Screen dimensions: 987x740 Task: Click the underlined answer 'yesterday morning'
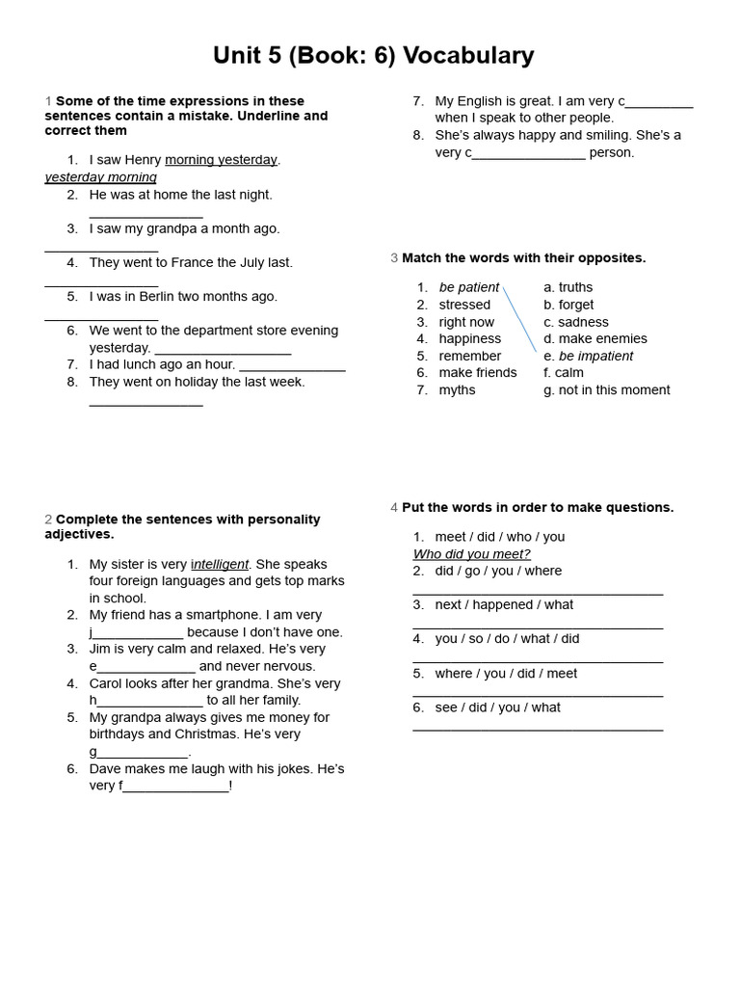(x=100, y=177)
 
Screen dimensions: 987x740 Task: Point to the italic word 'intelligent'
(x=221, y=564)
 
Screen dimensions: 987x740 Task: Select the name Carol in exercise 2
(x=108, y=683)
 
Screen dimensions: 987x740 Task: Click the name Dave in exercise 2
(x=106, y=769)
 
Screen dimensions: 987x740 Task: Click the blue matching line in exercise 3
(x=519, y=319)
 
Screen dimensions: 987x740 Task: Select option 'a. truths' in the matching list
(x=568, y=287)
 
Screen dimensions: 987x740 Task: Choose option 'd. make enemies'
(x=595, y=338)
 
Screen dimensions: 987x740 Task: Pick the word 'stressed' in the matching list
(x=464, y=305)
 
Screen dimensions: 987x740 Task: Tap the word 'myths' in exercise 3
(x=457, y=390)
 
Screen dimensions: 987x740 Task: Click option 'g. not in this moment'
(x=606, y=390)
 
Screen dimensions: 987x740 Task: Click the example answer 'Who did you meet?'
(x=471, y=554)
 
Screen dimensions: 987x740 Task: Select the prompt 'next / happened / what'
(x=504, y=605)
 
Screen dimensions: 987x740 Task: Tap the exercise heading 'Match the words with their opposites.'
(x=523, y=258)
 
